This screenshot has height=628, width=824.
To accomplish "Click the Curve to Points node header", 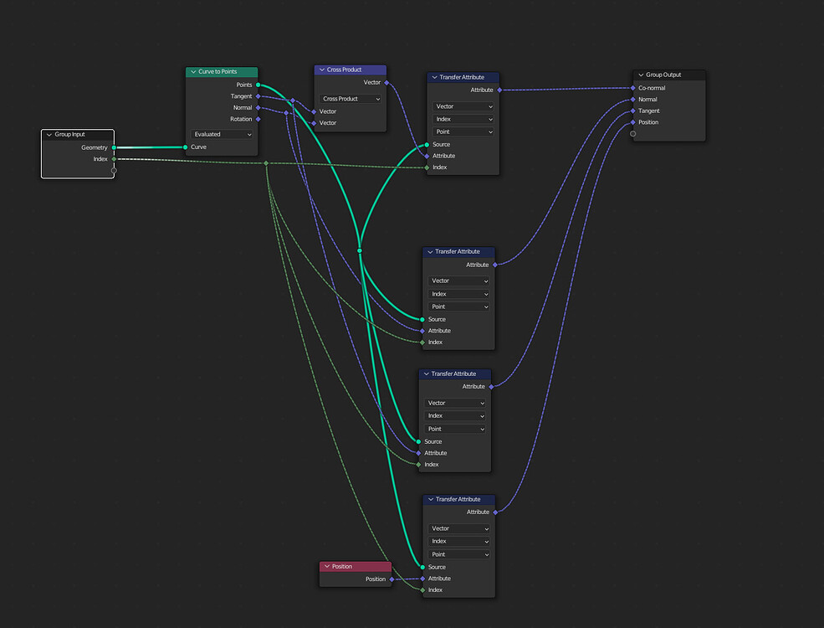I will (x=222, y=72).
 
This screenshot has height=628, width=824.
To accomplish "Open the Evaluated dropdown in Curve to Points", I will (x=223, y=134).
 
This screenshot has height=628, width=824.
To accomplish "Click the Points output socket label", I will (x=244, y=85).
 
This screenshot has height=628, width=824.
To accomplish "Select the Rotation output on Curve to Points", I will (x=241, y=119).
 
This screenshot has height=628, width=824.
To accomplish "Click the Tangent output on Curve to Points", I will (x=241, y=96).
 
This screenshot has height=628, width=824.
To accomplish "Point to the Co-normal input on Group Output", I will (x=652, y=88).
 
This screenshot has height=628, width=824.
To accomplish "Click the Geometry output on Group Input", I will (x=94, y=147).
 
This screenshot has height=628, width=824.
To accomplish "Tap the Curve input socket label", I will (x=198, y=147).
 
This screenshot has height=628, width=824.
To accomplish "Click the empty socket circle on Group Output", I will (x=632, y=134).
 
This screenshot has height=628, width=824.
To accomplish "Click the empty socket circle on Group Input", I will (x=114, y=170).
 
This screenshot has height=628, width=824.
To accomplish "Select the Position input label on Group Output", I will (x=648, y=122).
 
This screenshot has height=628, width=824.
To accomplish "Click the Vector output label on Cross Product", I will (x=372, y=82).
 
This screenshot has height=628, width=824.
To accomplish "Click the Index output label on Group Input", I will (x=100, y=159).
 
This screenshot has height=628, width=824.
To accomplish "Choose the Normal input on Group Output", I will (x=647, y=100).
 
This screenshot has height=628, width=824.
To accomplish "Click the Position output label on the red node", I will (x=376, y=579).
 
